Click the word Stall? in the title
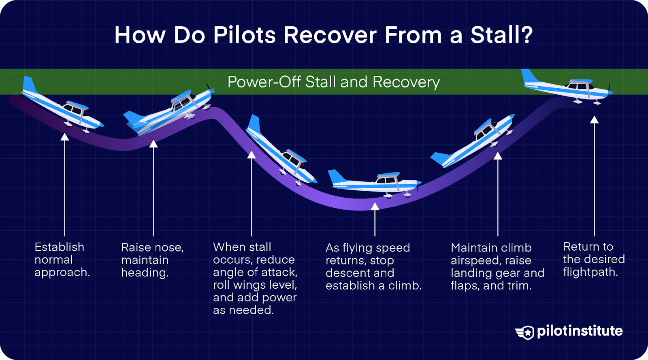[501, 35]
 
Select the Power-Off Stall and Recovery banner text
[333, 82]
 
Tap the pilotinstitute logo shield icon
[526, 332]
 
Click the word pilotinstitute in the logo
[580, 331]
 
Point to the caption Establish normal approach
[62, 260]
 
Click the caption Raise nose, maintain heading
[152, 260]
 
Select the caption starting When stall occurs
[255, 278]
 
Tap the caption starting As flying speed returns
[373, 266]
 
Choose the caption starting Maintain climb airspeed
[497, 266]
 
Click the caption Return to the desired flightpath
[593, 259]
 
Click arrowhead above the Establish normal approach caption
[65, 137]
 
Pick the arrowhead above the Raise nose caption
[153, 144]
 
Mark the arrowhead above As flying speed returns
[375, 207]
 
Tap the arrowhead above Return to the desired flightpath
[594, 119]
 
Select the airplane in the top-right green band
[567, 87]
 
